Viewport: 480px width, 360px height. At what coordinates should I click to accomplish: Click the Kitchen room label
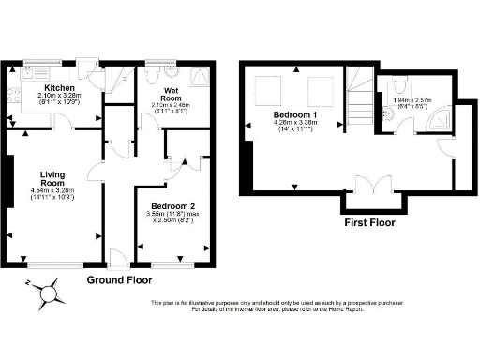point(47,85)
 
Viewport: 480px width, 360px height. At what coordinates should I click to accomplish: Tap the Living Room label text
point(52,179)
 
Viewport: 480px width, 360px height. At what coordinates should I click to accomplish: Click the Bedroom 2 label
point(172,205)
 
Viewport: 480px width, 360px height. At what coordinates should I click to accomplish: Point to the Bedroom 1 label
point(296,112)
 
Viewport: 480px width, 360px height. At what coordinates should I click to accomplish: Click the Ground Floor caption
point(119,280)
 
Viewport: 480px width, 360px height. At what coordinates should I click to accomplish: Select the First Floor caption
point(371,223)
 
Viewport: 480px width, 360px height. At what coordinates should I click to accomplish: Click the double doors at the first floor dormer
point(371,187)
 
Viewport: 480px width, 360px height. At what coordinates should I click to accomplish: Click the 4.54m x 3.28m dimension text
point(52,190)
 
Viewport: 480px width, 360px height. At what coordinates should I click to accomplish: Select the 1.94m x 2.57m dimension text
point(413,99)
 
